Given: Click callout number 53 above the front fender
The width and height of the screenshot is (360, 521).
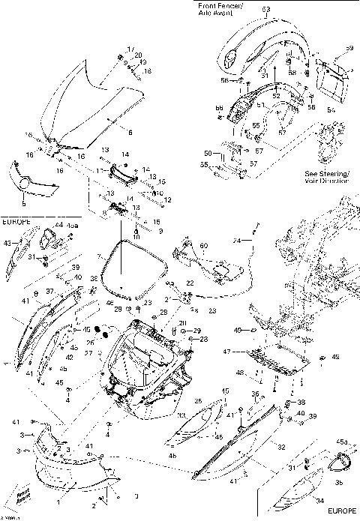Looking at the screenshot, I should pos(265,10).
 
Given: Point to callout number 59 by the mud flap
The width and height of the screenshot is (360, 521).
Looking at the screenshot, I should pos(348,49).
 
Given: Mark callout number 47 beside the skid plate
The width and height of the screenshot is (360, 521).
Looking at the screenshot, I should pos(248,351).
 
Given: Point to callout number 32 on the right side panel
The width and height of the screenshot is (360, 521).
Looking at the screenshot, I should pos(281,446).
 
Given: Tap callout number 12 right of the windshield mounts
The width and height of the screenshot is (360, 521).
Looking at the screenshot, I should pos(168,199).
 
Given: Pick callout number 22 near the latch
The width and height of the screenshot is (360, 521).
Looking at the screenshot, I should pos(190,283).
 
